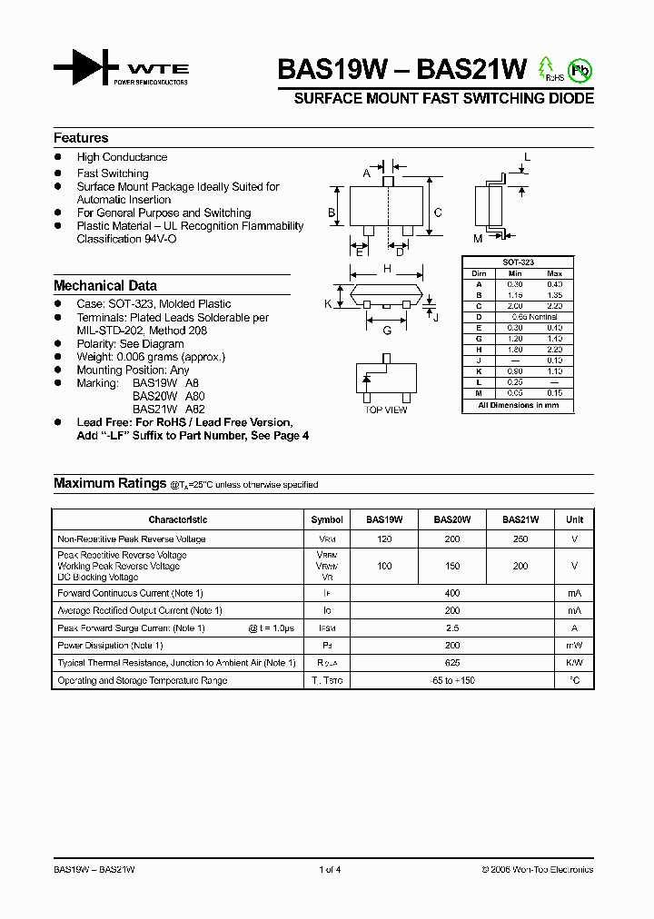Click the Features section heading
[x=81, y=138]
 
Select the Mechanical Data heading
[x=105, y=285]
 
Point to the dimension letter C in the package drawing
[x=438, y=213]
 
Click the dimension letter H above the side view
[x=387, y=269]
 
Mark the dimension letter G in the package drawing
[x=387, y=331]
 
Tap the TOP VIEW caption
[x=386, y=410]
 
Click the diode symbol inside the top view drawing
[x=368, y=380]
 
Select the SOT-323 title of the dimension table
[x=519, y=262]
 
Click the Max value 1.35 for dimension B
[x=555, y=295]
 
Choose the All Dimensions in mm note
[x=519, y=405]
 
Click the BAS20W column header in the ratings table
[x=451, y=520]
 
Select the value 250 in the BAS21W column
[x=520, y=539]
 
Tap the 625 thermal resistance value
[x=451, y=663]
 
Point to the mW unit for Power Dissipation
[x=574, y=646]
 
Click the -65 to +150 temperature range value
[x=451, y=680]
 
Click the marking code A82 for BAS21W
[x=195, y=410]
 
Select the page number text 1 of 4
[x=330, y=870]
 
